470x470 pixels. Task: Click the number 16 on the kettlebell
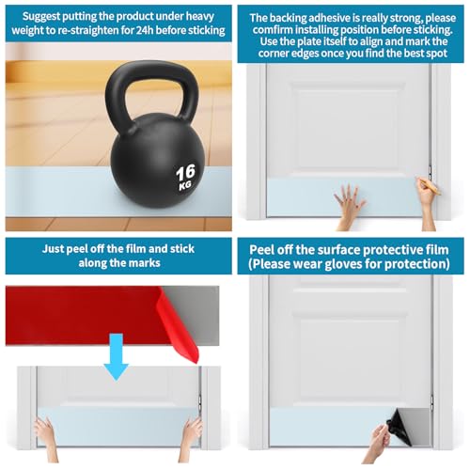click(x=185, y=173)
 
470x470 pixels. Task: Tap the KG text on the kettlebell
click(x=185, y=185)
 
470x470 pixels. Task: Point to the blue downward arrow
click(x=117, y=357)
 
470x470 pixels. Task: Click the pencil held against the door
click(x=429, y=185)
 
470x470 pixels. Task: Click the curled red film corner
click(x=180, y=326)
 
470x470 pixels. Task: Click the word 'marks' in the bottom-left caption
click(x=147, y=262)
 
